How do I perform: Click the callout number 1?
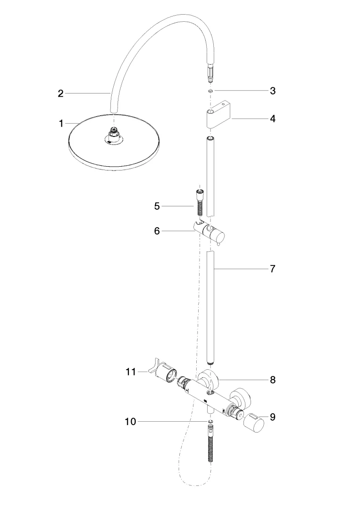click(61, 124)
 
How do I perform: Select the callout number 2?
click(60, 93)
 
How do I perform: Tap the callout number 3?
click(273, 91)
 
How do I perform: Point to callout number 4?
click(273, 118)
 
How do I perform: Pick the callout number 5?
click(157, 206)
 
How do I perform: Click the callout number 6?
click(157, 231)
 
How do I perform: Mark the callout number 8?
click(273, 379)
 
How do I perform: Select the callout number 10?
click(130, 422)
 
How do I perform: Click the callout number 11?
click(130, 372)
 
